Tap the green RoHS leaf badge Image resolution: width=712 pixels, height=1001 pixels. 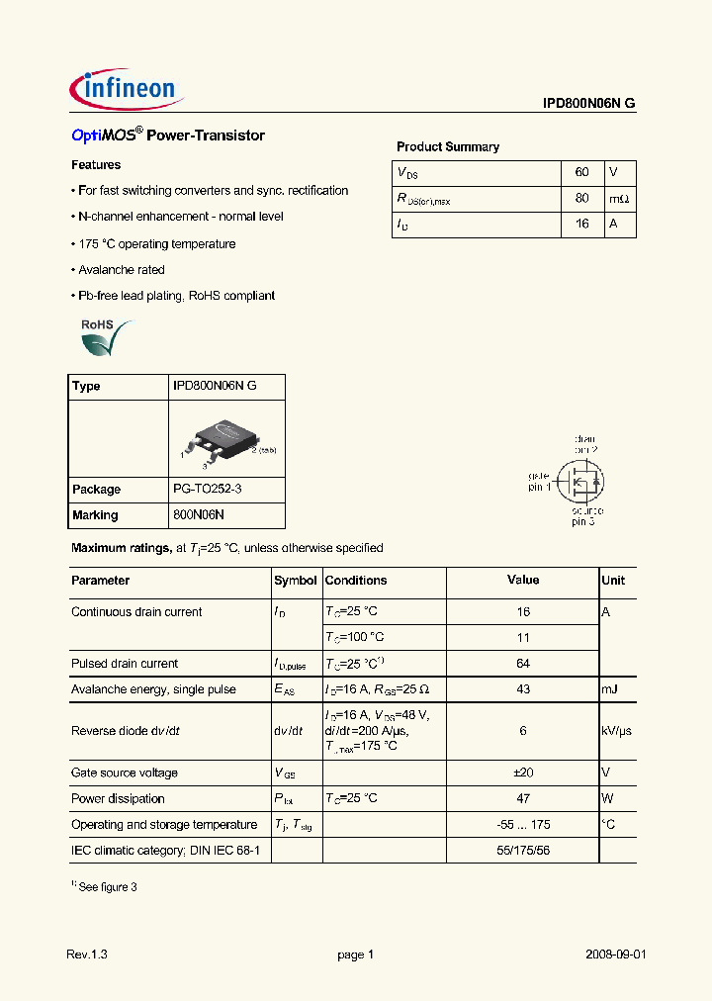(103, 337)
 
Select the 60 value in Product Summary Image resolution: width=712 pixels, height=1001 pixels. (581, 172)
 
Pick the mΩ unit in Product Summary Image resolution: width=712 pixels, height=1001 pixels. (618, 198)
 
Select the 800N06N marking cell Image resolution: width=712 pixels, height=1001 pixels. (199, 515)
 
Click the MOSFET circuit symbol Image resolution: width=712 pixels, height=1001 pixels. (578, 479)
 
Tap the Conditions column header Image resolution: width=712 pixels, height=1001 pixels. (356, 581)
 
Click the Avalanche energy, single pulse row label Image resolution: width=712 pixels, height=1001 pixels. (153, 689)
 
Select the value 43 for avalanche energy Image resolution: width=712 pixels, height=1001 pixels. (523, 689)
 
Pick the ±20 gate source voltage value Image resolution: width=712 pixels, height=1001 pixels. (523, 773)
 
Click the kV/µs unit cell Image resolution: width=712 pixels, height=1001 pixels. (616, 731)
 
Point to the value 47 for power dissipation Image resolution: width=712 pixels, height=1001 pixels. (523, 798)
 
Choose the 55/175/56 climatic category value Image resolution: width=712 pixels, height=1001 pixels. (523, 850)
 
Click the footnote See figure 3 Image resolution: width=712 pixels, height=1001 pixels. (104, 887)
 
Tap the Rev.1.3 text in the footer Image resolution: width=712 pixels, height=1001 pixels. (86, 955)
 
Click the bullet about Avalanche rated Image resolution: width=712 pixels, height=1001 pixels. (119, 270)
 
